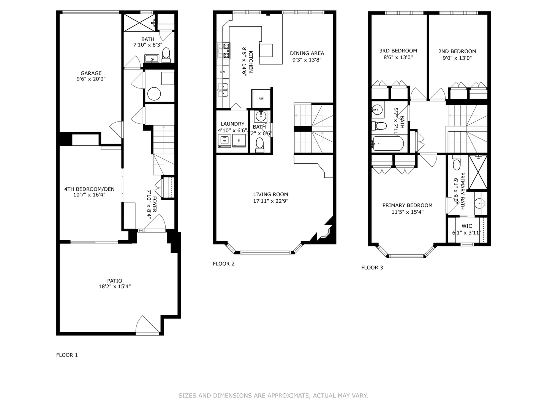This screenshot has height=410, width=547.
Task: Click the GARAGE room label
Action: (91, 73)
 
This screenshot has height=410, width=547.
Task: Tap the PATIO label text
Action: (115, 281)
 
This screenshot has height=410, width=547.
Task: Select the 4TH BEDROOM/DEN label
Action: (89, 189)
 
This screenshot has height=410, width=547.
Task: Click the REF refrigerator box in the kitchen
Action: (261, 99)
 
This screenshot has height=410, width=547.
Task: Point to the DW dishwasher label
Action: (223, 72)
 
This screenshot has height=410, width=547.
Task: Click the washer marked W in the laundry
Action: (224, 140)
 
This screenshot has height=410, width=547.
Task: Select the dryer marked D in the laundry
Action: (239, 140)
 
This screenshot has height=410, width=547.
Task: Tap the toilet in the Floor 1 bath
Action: (166, 55)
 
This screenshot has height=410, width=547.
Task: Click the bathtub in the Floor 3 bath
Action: (387, 143)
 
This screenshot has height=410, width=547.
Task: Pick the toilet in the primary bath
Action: (457, 164)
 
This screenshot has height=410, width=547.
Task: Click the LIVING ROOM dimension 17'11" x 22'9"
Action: (270, 201)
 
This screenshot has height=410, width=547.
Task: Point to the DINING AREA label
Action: (307, 53)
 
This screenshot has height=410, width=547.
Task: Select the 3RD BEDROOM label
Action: (398, 50)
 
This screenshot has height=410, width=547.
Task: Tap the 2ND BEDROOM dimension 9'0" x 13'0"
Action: (457, 58)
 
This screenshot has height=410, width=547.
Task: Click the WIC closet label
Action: (467, 226)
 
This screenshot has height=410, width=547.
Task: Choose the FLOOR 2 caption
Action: (224, 263)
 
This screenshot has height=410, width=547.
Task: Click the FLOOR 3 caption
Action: (372, 267)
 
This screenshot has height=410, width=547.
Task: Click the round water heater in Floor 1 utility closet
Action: (154, 94)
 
